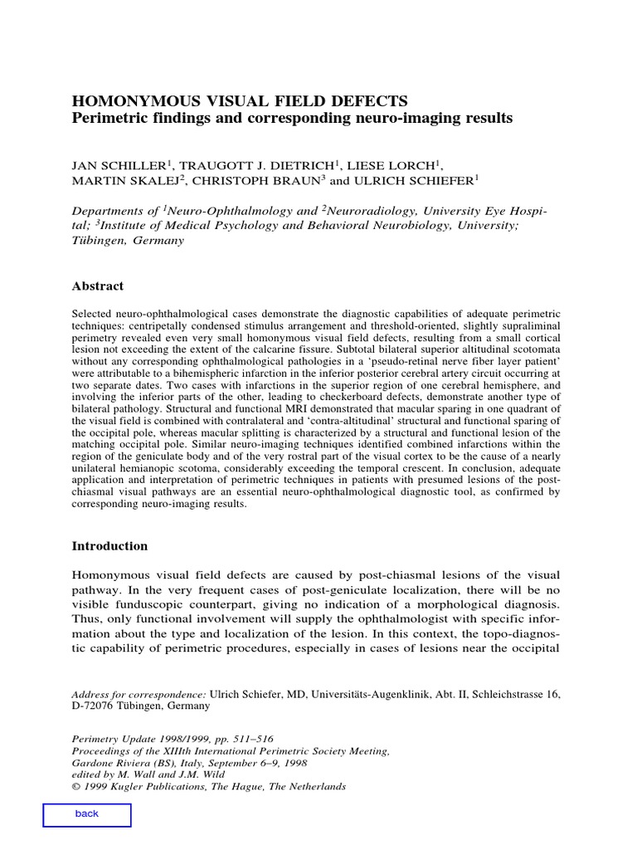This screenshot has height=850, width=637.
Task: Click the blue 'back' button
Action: tap(86, 814)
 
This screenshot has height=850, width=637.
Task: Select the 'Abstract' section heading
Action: tap(98, 286)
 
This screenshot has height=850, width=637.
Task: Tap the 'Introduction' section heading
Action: tap(109, 546)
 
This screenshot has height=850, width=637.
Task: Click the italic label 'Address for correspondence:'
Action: tap(139, 692)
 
